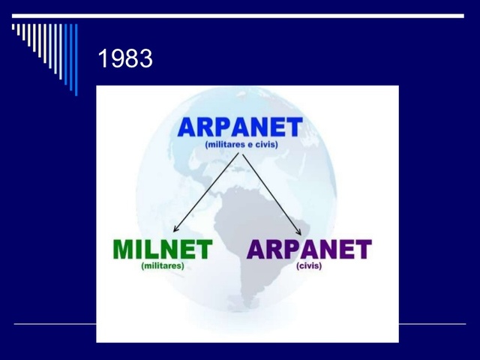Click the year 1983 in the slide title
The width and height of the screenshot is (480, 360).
pos(125,59)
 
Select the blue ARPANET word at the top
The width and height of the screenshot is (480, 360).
pos(240,127)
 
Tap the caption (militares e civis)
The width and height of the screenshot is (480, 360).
pos(241,144)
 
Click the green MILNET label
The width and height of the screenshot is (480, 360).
pos(162,250)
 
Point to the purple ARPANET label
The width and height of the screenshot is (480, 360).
pos(309,250)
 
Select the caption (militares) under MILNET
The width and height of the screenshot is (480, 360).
pos(162,265)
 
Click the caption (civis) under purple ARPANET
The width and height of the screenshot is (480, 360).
pos(309,265)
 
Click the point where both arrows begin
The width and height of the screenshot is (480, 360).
pos(240,153)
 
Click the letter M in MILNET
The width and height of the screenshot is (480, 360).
pos(124,250)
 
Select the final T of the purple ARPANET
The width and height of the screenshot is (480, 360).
pos(362,250)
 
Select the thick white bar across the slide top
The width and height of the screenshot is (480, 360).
pos(240,16)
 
